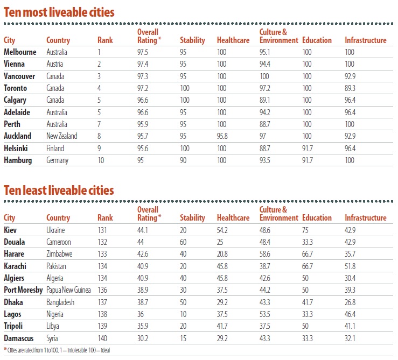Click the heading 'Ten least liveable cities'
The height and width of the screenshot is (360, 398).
pyautogui.click(x=59, y=189)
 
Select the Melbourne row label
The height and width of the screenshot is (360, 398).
pyautogui.click(x=20, y=52)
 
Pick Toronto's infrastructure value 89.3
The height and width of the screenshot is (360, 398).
pyautogui.click(x=352, y=88)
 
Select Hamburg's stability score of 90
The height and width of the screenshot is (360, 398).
pyautogui.click(x=184, y=160)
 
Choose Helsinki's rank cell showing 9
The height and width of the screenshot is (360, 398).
pyautogui.click(x=99, y=148)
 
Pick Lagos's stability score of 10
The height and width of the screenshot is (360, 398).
pyautogui.click(x=184, y=314)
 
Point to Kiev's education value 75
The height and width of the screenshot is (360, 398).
pyautogui.click(x=306, y=230)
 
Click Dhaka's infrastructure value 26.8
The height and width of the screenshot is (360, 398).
pyautogui.click(x=352, y=302)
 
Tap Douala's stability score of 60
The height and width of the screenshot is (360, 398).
pyautogui.click(x=184, y=242)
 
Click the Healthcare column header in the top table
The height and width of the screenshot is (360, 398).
pyautogui.click(x=233, y=40)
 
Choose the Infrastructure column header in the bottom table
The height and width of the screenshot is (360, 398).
pyautogui.click(x=365, y=218)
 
